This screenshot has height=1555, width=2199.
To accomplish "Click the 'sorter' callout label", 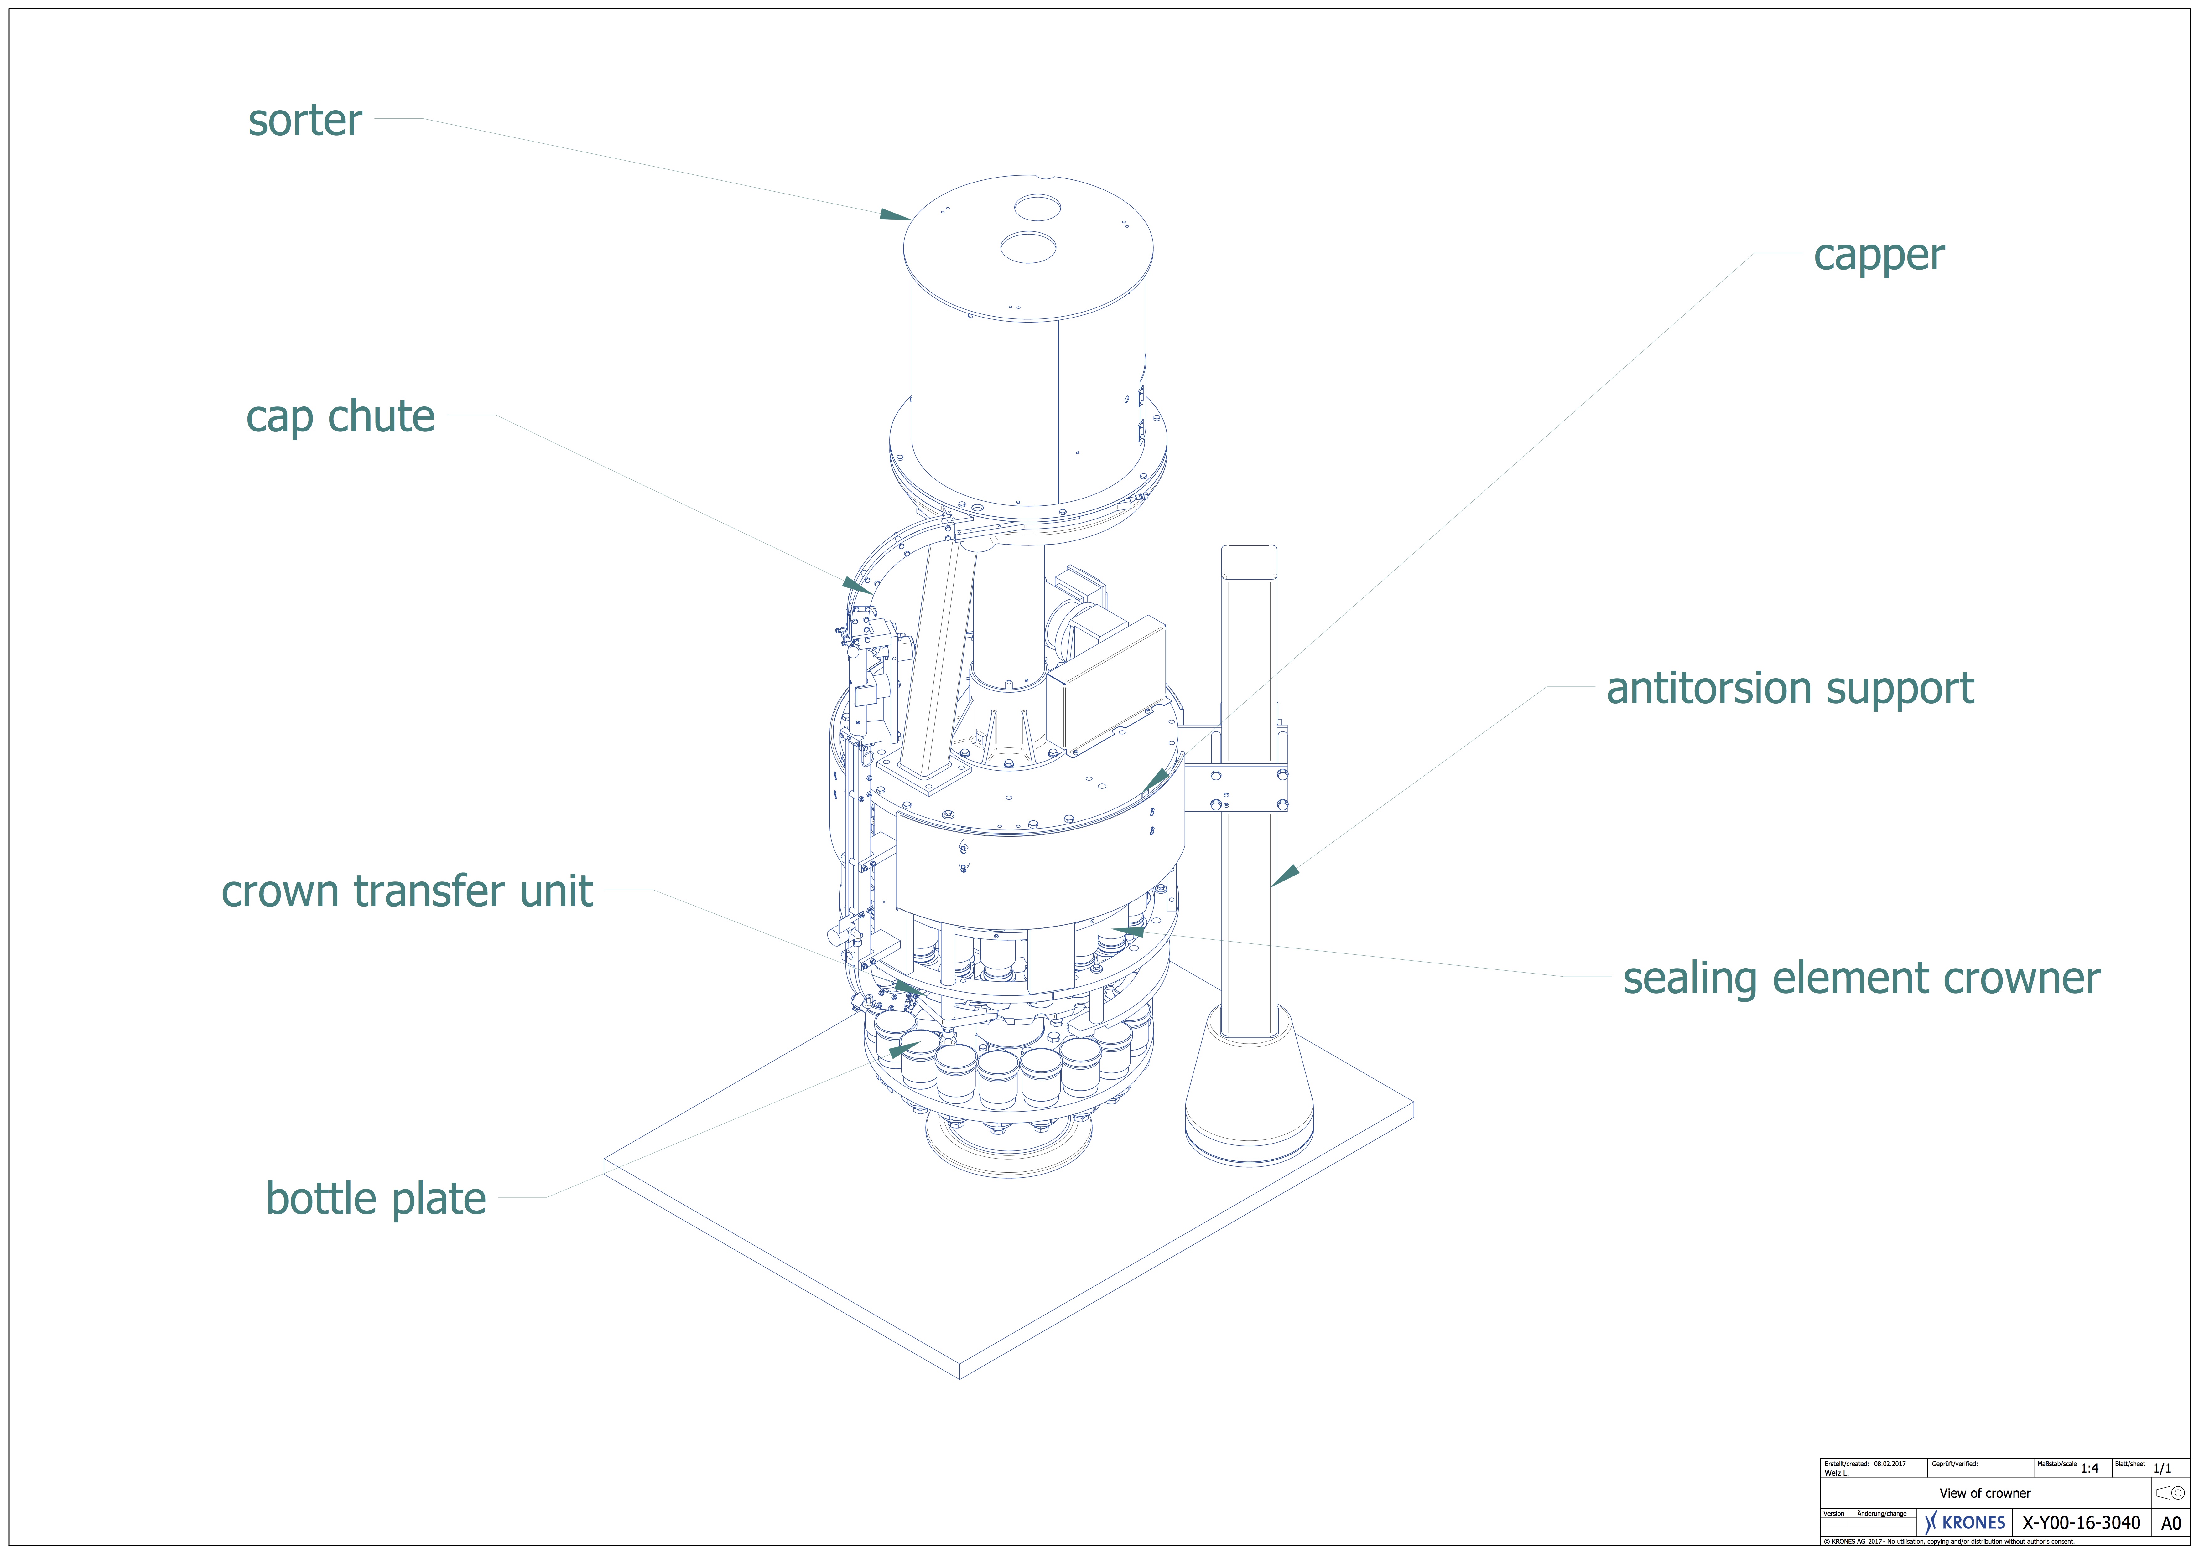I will coord(304,121).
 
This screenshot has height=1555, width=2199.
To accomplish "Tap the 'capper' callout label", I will coord(1878,256).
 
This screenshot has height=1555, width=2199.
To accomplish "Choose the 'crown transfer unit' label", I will coord(407,891).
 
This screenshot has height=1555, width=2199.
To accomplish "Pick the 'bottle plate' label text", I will coord(376,1199).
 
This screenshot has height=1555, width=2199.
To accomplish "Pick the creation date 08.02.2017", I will coord(1890,1464).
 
